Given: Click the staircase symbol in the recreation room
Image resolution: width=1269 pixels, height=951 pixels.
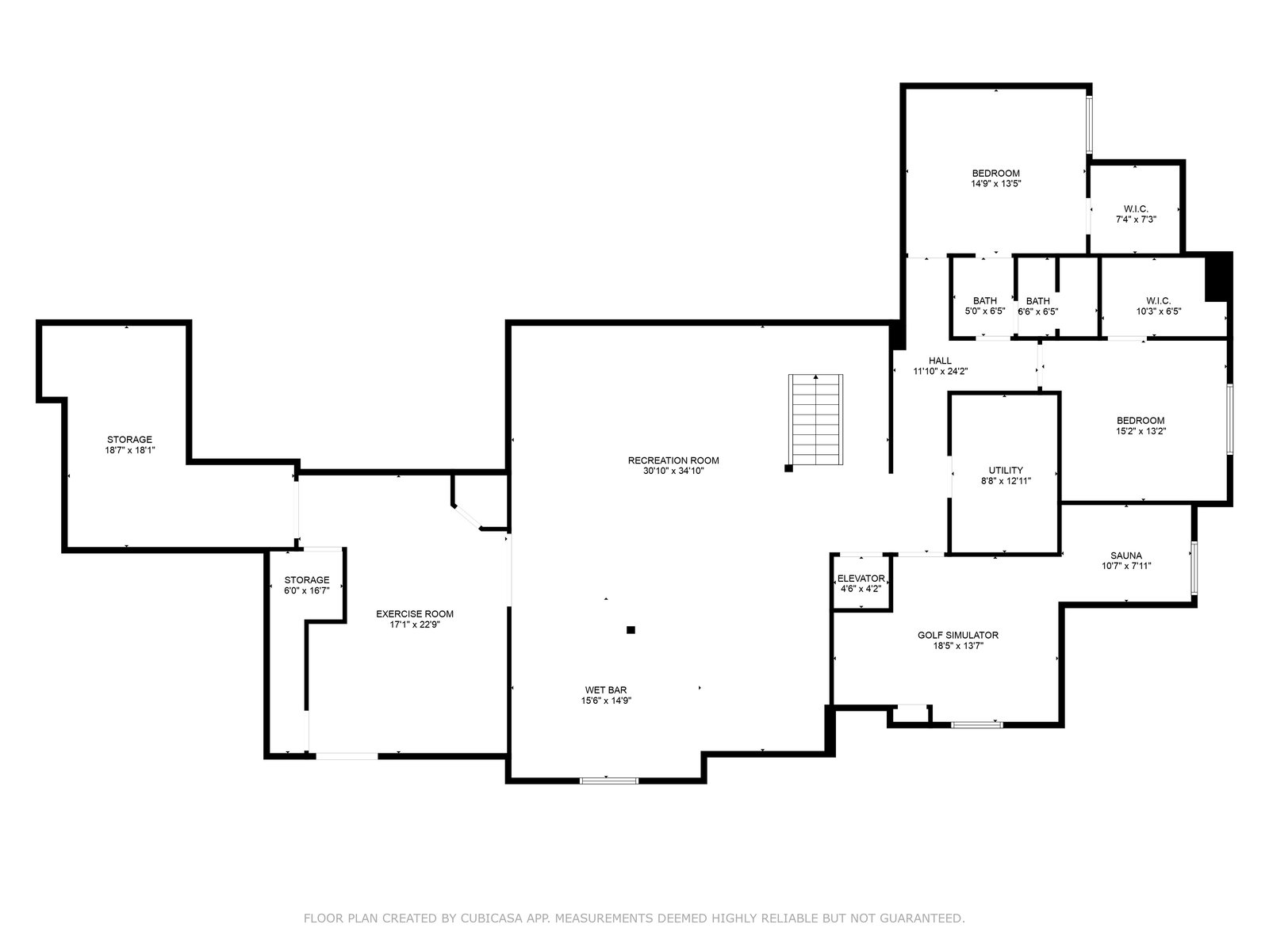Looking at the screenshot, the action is pos(815,419).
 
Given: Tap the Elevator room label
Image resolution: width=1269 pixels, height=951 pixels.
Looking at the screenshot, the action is pos(861,579).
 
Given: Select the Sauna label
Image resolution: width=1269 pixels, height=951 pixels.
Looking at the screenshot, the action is pos(1125,556).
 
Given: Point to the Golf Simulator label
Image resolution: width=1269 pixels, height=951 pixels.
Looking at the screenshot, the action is pos(958,635).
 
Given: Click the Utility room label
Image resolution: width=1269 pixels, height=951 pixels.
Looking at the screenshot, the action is pos(1006,470).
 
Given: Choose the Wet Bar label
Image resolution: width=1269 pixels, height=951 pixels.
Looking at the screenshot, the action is pos(606,690).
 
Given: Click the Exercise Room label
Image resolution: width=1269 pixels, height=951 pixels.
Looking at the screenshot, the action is pos(415,613).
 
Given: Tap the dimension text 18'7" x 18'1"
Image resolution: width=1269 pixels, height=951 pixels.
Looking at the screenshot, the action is pos(130,450).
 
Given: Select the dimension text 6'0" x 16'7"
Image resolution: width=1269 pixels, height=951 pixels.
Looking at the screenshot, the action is pos(306,590).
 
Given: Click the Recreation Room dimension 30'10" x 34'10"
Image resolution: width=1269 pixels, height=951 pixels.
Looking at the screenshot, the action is pos(673,471).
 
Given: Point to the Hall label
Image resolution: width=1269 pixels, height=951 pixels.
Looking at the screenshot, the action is pos(940,361).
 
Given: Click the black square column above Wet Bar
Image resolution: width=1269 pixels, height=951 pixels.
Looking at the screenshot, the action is pos(631,630).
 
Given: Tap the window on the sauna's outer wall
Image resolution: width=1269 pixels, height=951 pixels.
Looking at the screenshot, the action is pos(1194,568).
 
